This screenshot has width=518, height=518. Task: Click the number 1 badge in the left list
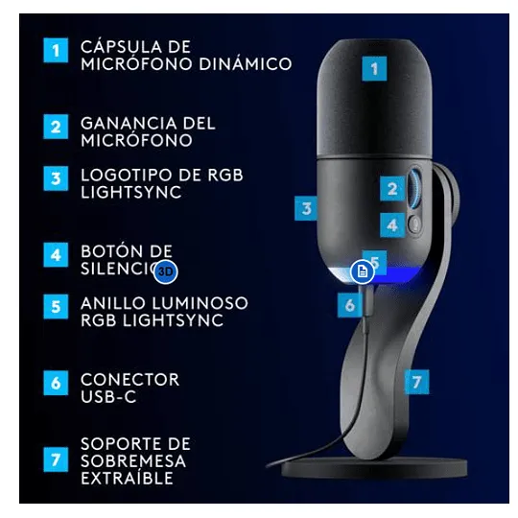pos(56,50)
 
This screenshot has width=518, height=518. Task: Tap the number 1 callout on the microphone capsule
pos(374,69)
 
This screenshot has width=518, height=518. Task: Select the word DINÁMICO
pos(246,64)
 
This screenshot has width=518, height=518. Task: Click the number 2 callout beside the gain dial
pos(392,189)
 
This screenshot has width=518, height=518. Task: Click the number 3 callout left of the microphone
pos(307,208)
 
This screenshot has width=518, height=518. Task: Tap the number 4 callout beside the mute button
pos(392,225)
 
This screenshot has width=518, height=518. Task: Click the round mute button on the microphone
pos(414,224)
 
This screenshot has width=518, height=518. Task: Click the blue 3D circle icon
pos(166,271)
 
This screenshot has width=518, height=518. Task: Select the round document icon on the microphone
pos(363,271)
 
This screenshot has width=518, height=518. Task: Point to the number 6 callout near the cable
pos(350,305)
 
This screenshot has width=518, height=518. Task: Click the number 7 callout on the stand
pos(417,382)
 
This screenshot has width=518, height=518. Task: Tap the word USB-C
pos(108,397)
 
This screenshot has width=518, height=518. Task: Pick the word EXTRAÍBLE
pos(128,478)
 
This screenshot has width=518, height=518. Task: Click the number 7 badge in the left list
pos(56,459)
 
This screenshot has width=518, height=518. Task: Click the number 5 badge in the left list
pos(56,307)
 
